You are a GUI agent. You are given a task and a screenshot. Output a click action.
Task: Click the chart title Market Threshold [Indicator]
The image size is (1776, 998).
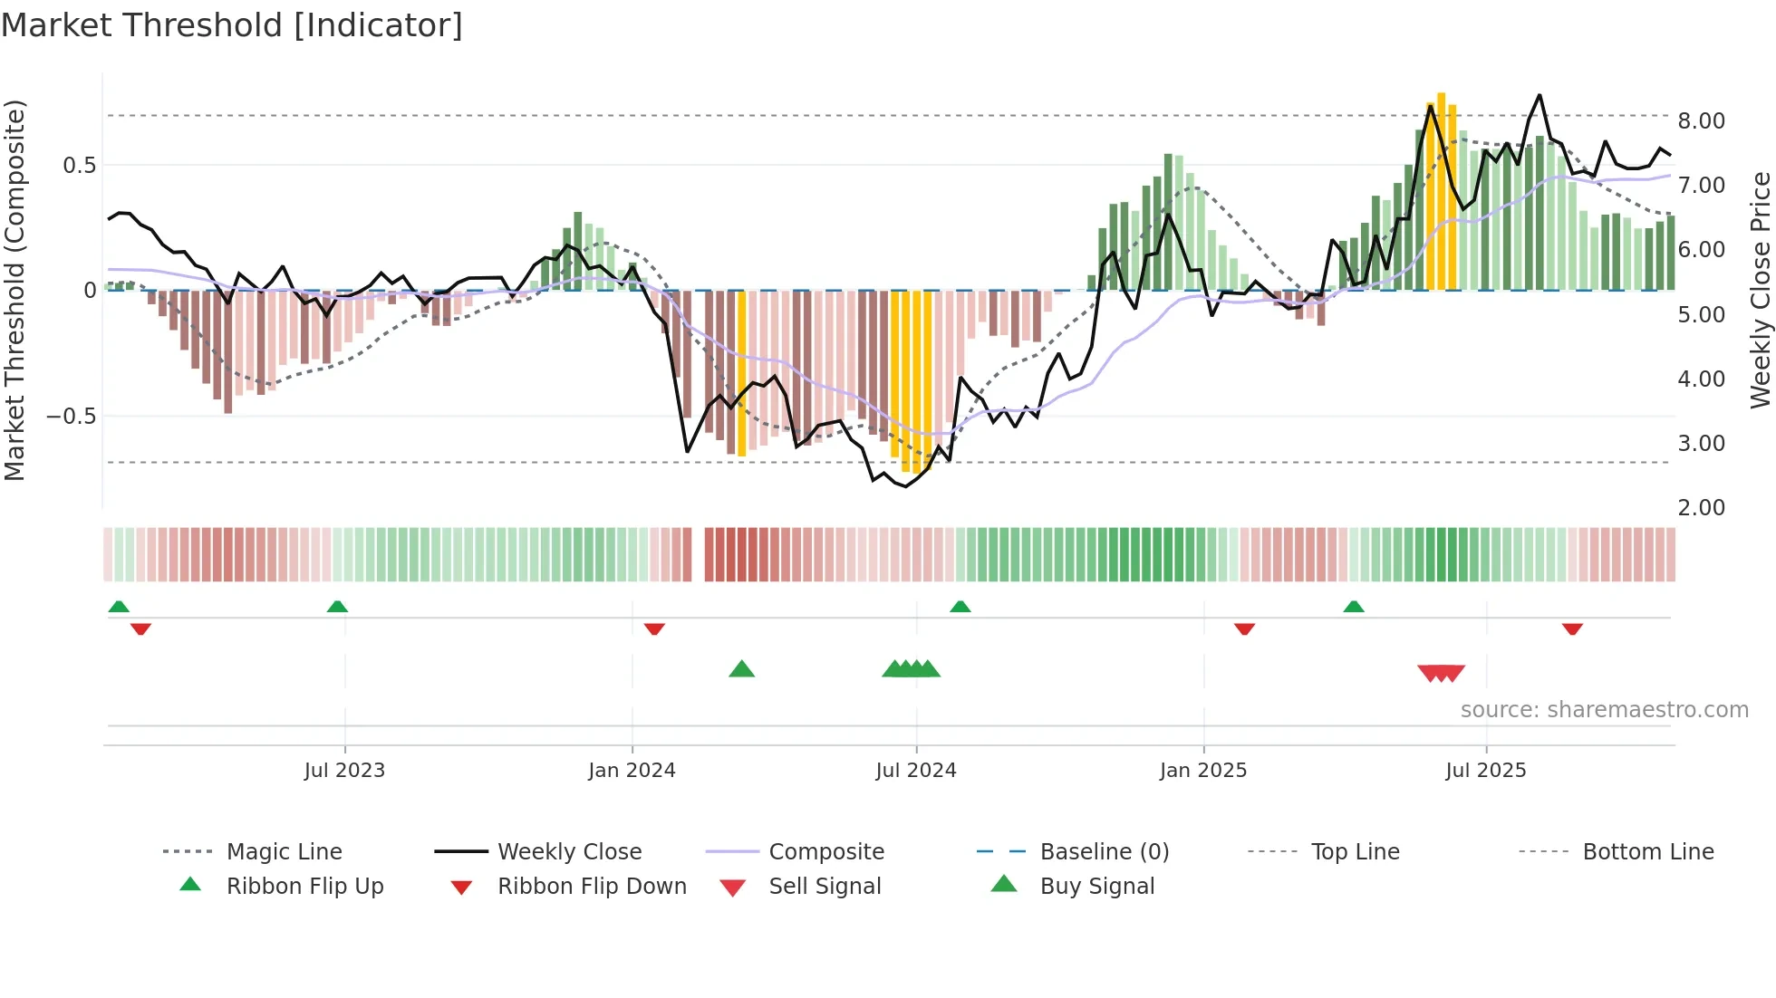pyautogui.click(x=232, y=25)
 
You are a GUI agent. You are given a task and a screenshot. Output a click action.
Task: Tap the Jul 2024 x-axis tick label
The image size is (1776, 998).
pyautogui.click(x=915, y=771)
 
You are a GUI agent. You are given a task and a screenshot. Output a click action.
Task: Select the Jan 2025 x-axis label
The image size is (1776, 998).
pyautogui.click(x=1202, y=771)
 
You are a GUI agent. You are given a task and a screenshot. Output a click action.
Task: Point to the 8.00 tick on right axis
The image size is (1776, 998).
pyautogui.click(x=1701, y=121)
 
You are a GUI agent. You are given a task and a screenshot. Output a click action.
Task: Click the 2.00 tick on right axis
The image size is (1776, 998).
pyautogui.click(x=1701, y=508)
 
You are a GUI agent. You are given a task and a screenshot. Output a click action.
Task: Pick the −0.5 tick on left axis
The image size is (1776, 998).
pyautogui.click(x=71, y=417)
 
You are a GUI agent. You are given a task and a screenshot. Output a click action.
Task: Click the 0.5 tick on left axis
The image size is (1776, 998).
pyautogui.click(x=79, y=166)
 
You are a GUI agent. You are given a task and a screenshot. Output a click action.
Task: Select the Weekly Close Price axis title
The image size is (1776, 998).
pyautogui.click(x=1760, y=290)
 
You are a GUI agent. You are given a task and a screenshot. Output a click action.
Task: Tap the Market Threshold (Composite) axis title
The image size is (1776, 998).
pyautogui.click(x=14, y=290)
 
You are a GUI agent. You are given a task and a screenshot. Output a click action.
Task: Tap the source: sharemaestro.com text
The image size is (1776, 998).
pyautogui.click(x=1604, y=710)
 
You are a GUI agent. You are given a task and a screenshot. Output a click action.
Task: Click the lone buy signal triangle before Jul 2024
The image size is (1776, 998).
pyautogui.click(x=741, y=669)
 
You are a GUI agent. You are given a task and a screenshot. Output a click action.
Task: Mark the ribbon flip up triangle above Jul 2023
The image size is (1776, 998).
pyautogui.click(x=337, y=606)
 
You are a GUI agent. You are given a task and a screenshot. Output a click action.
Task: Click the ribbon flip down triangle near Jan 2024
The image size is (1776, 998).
pyautogui.click(x=654, y=629)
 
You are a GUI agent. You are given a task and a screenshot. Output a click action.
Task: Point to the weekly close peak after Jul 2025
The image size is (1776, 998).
pyautogui.click(x=1539, y=95)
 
